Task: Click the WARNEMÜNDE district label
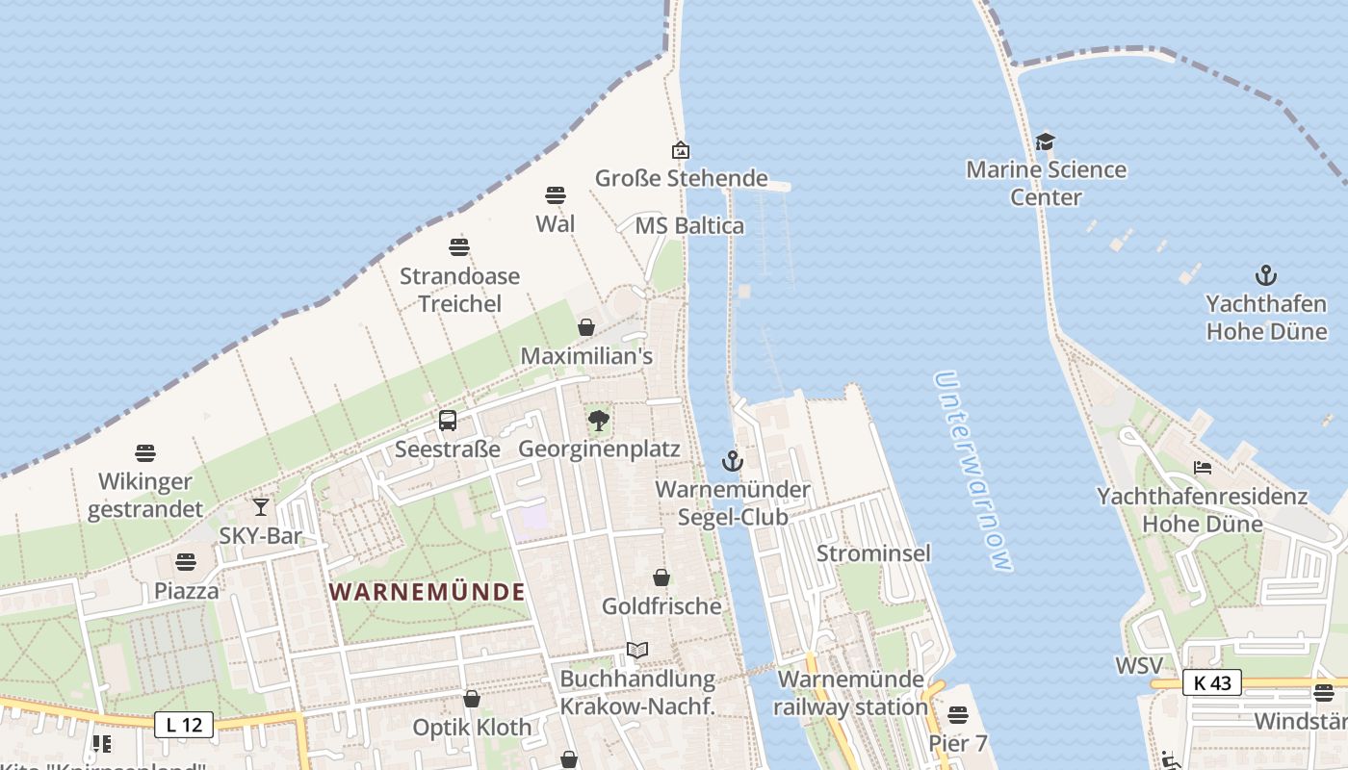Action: click(x=428, y=591)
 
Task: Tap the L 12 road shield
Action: click(x=184, y=725)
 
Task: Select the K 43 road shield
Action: click(x=1212, y=682)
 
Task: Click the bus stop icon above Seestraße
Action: click(x=448, y=421)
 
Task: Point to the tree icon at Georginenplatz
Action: click(x=599, y=421)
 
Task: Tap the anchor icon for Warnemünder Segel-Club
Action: click(x=733, y=461)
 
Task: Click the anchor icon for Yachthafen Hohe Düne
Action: click(x=1266, y=275)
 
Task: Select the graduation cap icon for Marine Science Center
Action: click(x=1046, y=142)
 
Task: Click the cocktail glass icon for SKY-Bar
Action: click(x=260, y=507)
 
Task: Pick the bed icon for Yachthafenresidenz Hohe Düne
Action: click(x=1203, y=468)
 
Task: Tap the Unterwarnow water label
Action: click(x=974, y=472)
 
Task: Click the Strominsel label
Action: click(x=873, y=553)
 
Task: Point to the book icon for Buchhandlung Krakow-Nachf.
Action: click(x=637, y=651)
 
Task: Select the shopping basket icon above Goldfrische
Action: click(x=661, y=577)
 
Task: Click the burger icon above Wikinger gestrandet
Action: click(x=145, y=452)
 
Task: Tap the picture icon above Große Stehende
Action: click(x=681, y=150)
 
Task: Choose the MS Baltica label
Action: click(x=689, y=226)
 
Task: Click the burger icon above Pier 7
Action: click(x=957, y=715)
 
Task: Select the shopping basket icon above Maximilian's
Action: click(x=586, y=327)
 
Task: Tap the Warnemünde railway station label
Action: click(x=851, y=693)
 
